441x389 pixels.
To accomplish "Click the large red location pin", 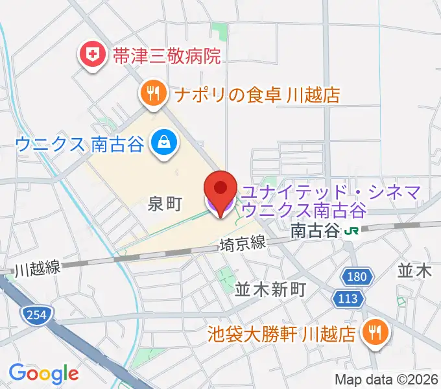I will (220, 193).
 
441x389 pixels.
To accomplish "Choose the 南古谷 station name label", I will (316, 230).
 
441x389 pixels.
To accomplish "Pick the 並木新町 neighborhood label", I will (270, 289).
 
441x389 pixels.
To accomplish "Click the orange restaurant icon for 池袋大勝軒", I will (375, 333).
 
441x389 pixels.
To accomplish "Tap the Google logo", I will (43, 373).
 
